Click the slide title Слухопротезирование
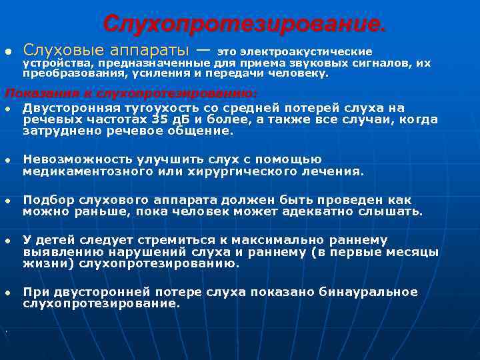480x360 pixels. click(x=244, y=25)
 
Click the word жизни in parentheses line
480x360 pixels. click(x=42, y=263)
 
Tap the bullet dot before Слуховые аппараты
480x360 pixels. click(x=8, y=51)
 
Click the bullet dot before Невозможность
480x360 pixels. click(x=8, y=160)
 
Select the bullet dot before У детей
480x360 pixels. click(x=8, y=241)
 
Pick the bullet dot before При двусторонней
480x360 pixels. click(x=8, y=293)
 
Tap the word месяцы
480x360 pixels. click(x=414, y=252)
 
